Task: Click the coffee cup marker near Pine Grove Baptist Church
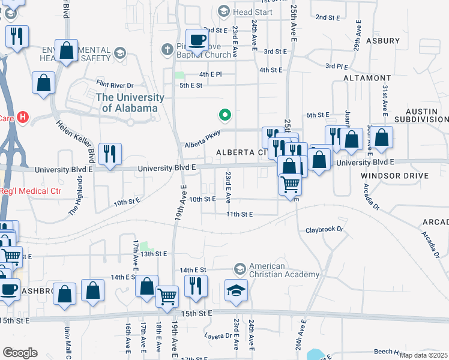click(x=197, y=41)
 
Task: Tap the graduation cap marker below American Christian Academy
click(x=237, y=291)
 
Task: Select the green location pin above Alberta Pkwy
click(x=225, y=113)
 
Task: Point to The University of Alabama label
click(x=130, y=103)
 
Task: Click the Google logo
click(x=20, y=352)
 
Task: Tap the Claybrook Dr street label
click(x=324, y=230)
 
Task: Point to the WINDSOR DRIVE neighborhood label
click(x=394, y=176)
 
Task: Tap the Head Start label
click(x=252, y=12)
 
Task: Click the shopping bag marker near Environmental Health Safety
click(x=67, y=51)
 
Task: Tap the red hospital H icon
click(x=23, y=116)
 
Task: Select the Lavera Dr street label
click(x=218, y=335)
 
